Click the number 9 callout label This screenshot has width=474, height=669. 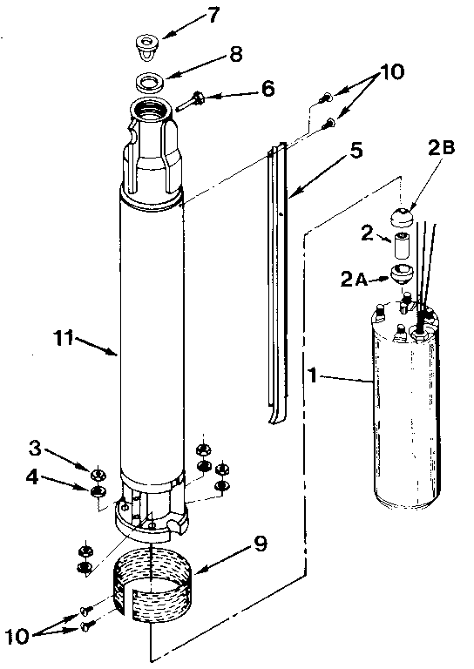pos(260,545)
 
